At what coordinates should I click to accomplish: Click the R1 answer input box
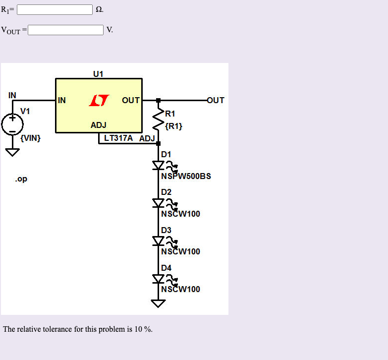tap(55, 9)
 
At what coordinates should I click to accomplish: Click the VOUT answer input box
tap(65, 30)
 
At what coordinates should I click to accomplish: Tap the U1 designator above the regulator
tap(98, 74)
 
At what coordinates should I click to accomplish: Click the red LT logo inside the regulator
tap(98, 101)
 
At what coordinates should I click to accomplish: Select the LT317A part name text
tap(118, 138)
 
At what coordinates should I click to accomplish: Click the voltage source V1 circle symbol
tap(12, 124)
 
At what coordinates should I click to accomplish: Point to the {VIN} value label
tap(31, 138)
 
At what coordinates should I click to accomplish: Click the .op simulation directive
tap(21, 179)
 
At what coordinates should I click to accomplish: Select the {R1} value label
tap(174, 126)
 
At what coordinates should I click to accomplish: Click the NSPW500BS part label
tap(186, 176)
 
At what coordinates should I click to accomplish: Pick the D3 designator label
tap(166, 230)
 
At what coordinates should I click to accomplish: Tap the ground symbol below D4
tap(159, 303)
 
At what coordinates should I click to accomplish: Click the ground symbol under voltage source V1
tap(12, 152)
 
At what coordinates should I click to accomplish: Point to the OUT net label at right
tap(216, 100)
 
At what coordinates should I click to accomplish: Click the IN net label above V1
tap(12, 95)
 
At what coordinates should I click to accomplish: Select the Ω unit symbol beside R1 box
tap(99, 10)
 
